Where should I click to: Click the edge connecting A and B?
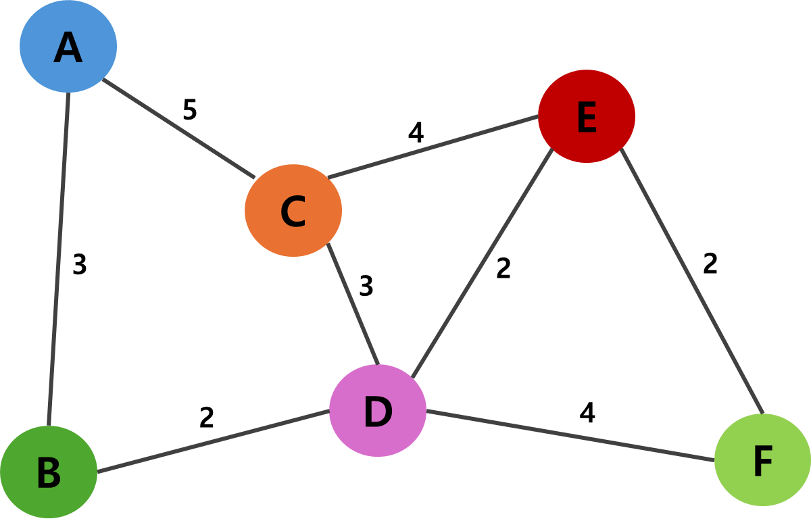tap(59, 259)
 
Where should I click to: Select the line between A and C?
tap(178, 128)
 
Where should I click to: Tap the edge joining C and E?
tap(433, 147)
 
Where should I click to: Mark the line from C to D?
tap(353, 303)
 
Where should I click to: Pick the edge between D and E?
tap(481, 264)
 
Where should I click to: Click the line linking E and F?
tap(691, 280)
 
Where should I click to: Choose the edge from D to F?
tap(570, 434)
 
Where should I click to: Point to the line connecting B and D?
tap(213, 441)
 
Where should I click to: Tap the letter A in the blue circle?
tap(68, 48)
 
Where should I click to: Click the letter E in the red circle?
tap(587, 118)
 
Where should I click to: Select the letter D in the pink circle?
tap(377, 412)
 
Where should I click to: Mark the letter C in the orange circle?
tap(293, 211)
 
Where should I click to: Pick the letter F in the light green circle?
tap(762, 462)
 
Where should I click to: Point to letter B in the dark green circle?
tap(48, 474)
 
